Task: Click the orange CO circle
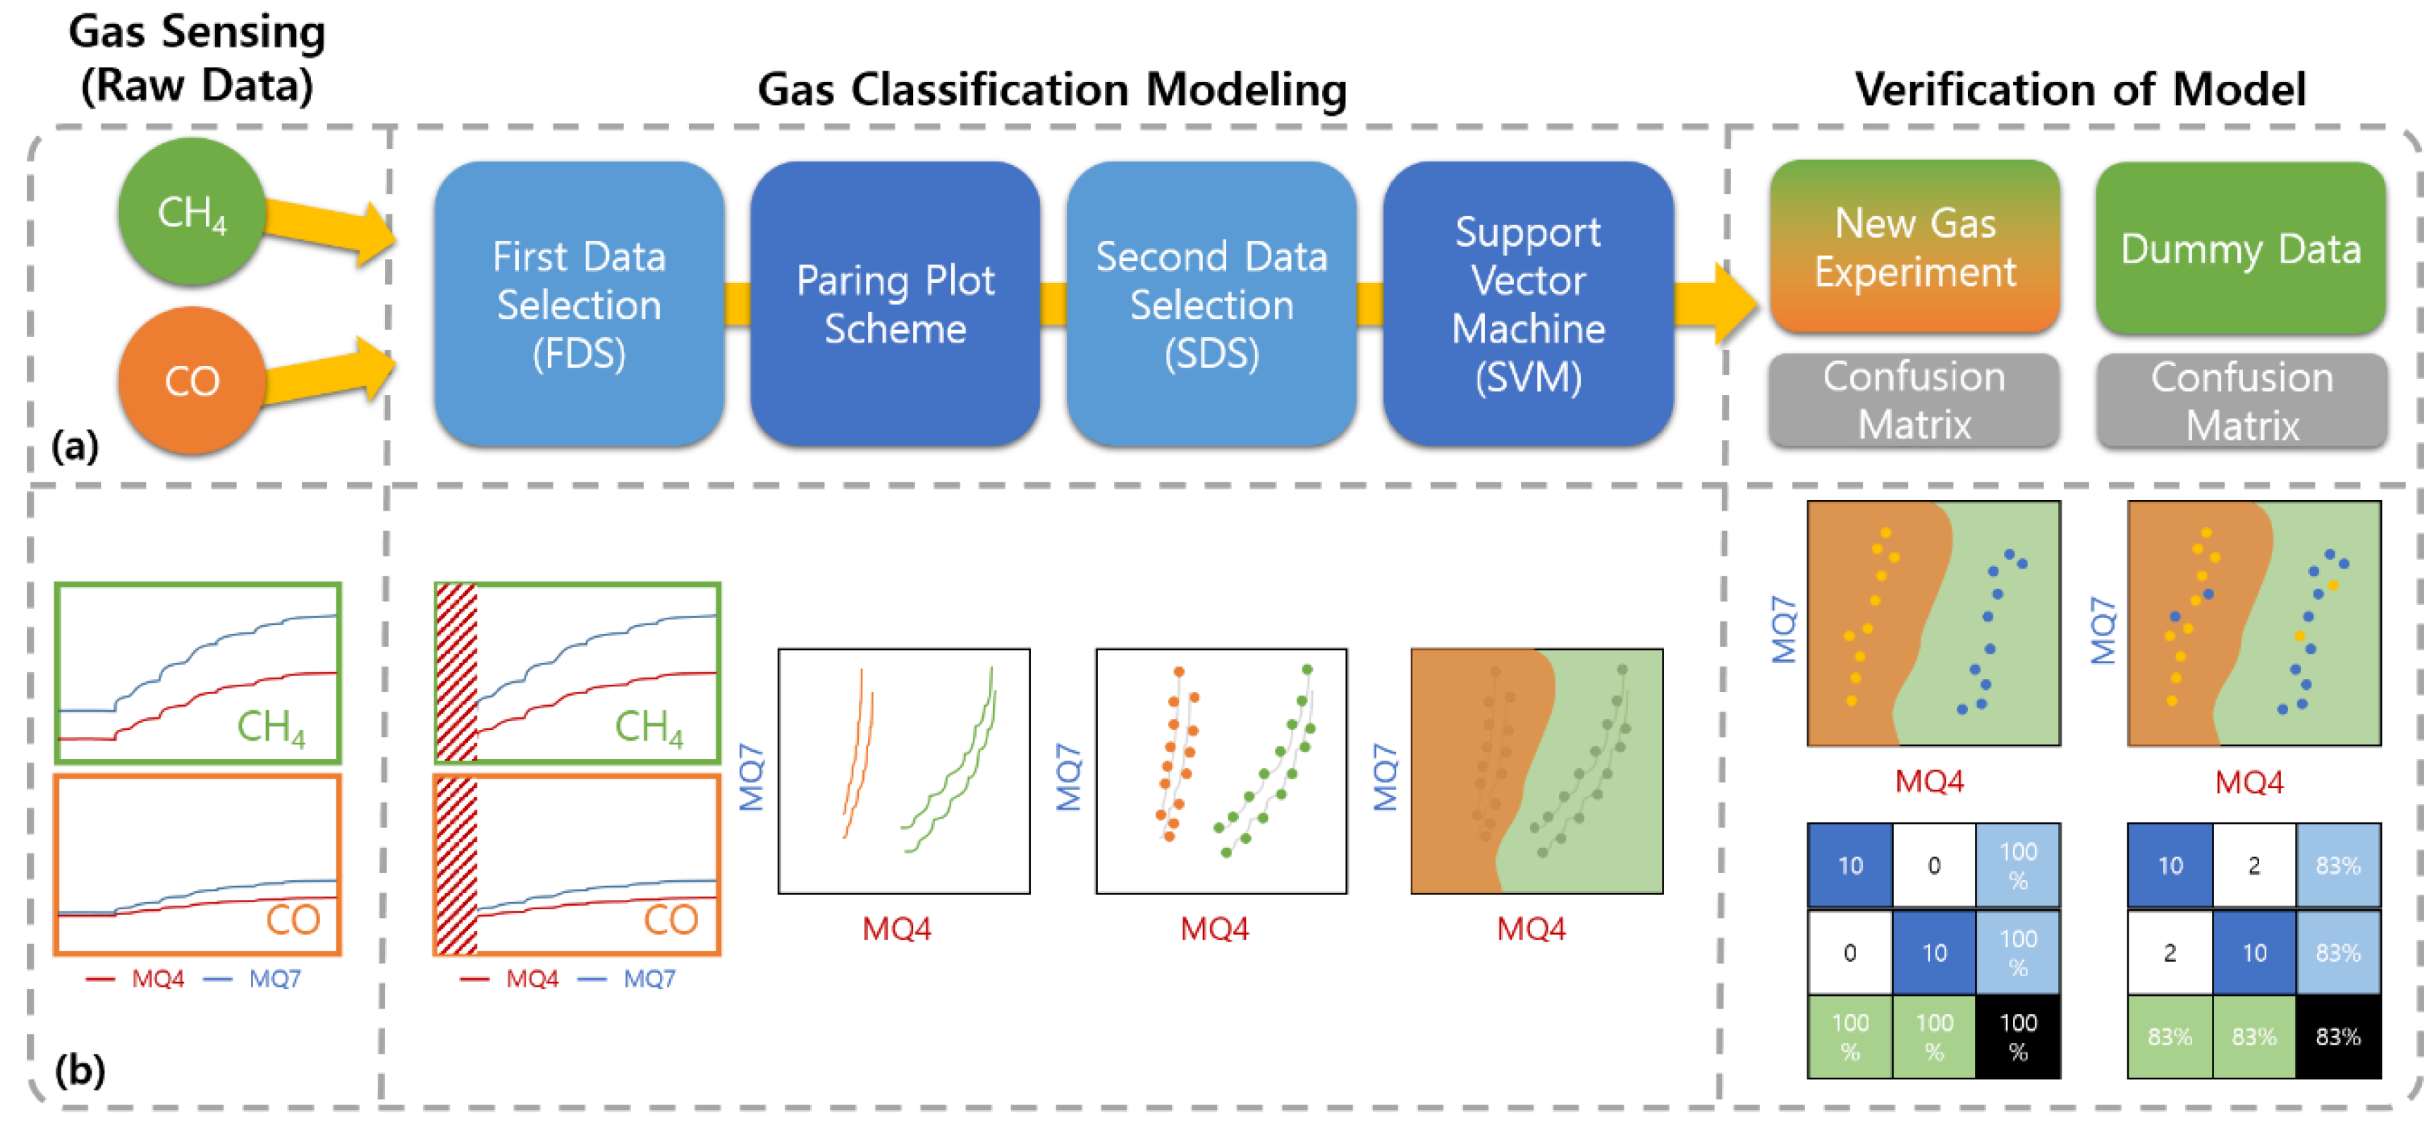coord(191,380)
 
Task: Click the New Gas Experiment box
coord(1914,247)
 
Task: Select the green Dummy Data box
coord(2240,248)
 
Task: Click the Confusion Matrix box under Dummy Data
coord(2242,401)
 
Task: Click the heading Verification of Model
coord(2079,90)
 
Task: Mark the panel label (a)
coord(75,444)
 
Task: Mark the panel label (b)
coord(80,1070)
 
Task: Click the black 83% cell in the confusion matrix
coord(2337,1036)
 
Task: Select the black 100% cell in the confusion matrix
coord(2017,1036)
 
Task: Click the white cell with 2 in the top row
coord(2253,865)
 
